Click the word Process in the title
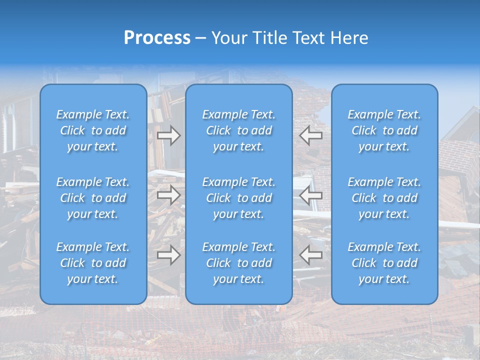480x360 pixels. pos(157,38)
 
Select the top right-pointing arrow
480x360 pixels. pos(168,135)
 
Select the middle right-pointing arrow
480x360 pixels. pos(168,195)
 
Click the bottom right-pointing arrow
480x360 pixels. pos(168,255)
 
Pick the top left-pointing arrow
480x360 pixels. pos(310,135)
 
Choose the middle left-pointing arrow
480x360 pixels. pos(310,195)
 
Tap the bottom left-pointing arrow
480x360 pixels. pos(310,255)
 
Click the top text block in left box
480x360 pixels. pos(93,130)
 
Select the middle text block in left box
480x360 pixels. pos(93,198)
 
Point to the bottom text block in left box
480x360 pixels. pos(93,263)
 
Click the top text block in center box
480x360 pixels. pos(239,130)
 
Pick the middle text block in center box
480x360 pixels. pos(239,198)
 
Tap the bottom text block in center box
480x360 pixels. pos(239,263)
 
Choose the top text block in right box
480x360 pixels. pos(384,130)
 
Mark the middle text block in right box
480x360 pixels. pos(384,198)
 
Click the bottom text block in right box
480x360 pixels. pos(384,263)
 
